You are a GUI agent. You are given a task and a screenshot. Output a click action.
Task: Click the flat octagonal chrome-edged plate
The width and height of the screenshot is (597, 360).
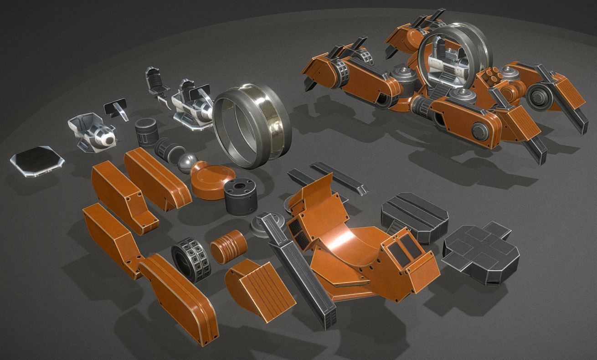pos(37,160)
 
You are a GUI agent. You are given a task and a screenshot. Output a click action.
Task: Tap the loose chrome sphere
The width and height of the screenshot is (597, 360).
pos(186,162)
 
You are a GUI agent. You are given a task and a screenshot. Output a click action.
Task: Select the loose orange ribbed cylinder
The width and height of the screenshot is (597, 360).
pos(228,246)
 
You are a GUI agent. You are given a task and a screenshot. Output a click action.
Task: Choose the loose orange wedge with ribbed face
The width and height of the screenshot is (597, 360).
pos(259,283)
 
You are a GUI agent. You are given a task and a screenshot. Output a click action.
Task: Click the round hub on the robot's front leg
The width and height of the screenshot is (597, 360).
pos(481,132)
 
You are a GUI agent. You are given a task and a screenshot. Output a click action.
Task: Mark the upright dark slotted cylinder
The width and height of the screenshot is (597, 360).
pos(146,132)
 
